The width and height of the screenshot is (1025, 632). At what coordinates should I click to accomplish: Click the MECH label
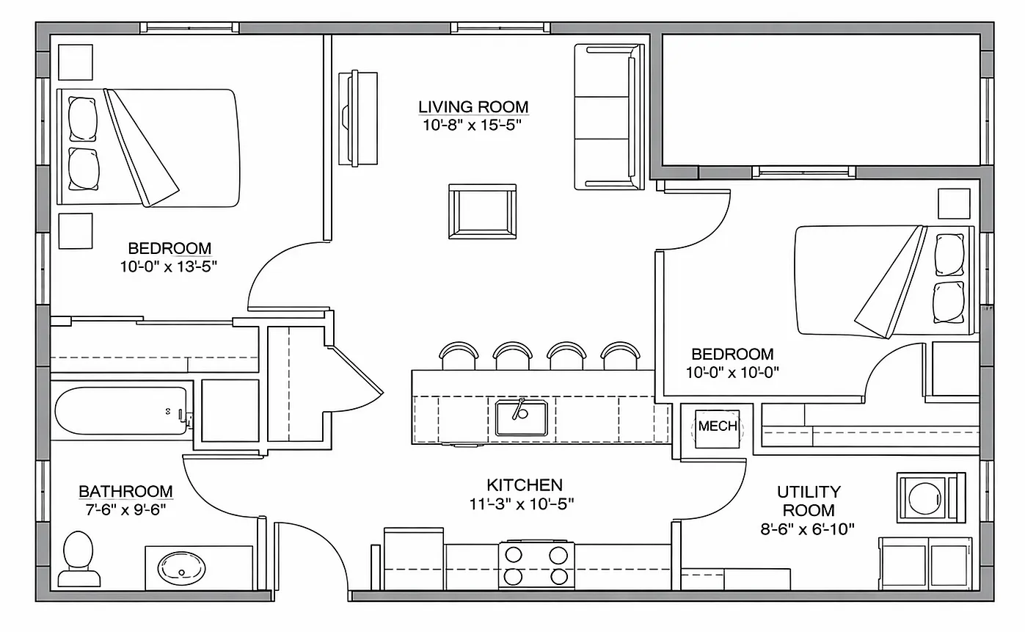pyautogui.click(x=718, y=426)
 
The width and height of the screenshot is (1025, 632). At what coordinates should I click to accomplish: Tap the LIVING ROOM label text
pyautogui.click(x=473, y=106)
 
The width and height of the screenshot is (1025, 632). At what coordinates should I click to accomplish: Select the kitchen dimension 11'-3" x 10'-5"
pyautogui.click(x=522, y=504)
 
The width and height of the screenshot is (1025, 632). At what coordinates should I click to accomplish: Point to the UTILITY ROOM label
pyautogui.click(x=809, y=501)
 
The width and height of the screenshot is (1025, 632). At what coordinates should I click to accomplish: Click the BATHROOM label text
pyautogui.click(x=126, y=491)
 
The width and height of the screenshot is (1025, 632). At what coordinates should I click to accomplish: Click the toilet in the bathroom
pyautogui.click(x=79, y=559)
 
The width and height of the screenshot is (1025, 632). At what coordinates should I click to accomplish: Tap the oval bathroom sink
pyautogui.click(x=182, y=568)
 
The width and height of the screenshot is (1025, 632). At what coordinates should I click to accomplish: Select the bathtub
pyautogui.click(x=121, y=411)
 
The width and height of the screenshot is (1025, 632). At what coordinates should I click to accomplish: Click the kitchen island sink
pyautogui.click(x=521, y=418)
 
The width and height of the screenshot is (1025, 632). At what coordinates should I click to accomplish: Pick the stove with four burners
pyautogui.click(x=536, y=566)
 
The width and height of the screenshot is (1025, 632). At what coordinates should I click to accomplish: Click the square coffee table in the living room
pyautogui.click(x=483, y=211)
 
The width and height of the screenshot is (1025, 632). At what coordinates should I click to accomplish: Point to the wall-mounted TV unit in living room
pyautogui.click(x=358, y=118)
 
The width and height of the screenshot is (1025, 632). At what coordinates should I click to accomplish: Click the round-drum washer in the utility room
pyautogui.click(x=931, y=498)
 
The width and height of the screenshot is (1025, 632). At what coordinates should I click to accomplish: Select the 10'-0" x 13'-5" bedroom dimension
pyautogui.click(x=169, y=266)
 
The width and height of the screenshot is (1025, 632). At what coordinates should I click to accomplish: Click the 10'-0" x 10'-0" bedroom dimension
pyautogui.click(x=732, y=372)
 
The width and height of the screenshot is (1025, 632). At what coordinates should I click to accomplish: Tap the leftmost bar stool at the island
pyautogui.click(x=459, y=356)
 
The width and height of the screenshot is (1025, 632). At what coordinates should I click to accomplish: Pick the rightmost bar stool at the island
pyautogui.click(x=621, y=356)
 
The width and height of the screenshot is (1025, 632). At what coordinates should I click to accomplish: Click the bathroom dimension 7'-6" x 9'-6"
pyautogui.click(x=126, y=509)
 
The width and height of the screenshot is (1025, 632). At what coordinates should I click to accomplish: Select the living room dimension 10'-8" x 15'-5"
pyautogui.click(x=473, y=125)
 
